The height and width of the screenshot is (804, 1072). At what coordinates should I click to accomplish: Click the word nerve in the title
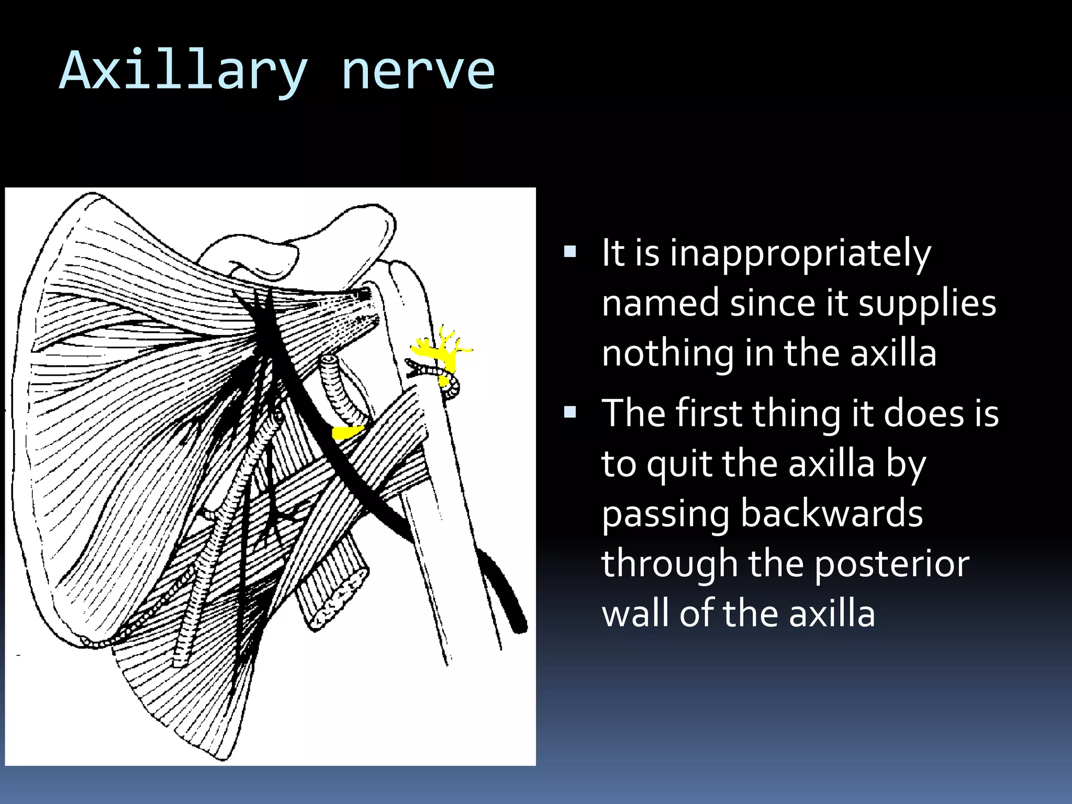pyautogui.click(x=417, y=72)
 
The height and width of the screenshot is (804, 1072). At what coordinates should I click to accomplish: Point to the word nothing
pyautogui.click(x=667, y=354)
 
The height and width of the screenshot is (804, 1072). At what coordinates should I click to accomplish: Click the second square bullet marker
pyautogui.click(x=570, y=413)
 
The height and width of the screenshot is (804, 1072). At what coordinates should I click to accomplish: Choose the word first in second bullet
pyautogui.click(x=709, y=413)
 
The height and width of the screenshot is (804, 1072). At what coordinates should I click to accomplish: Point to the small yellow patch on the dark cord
pyautogui.click(x=346, y=432)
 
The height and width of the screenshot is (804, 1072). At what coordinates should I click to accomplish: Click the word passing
pyautogui.click(x=665, y=515)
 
